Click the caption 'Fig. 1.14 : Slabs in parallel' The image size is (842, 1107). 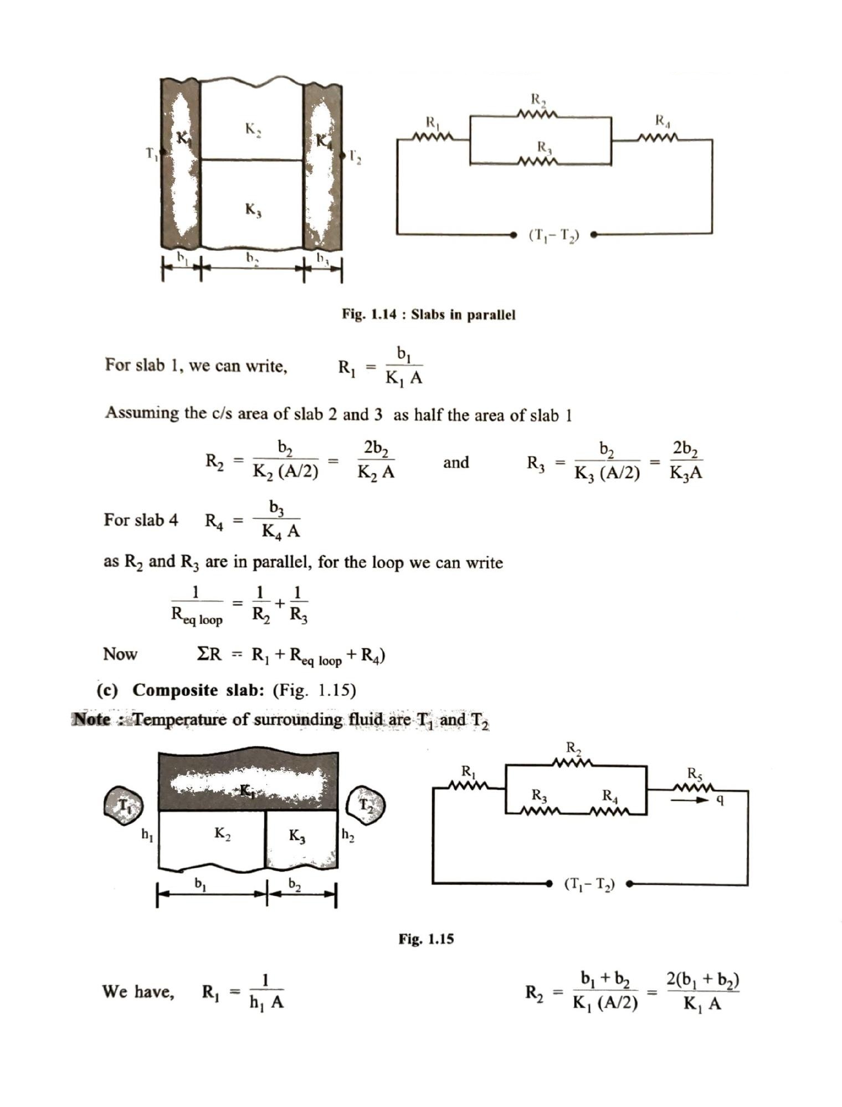[428, 314]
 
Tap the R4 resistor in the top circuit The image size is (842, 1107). [658, 136]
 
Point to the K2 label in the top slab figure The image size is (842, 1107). [253, 129]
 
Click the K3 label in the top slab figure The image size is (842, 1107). [253, 210]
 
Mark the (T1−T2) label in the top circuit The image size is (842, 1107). [553, 235]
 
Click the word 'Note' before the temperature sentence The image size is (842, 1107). [92, 719]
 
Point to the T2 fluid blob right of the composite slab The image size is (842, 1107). [365, 804]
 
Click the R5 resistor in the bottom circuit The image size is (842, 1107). [694, 787]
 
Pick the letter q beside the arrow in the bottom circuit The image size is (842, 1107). [720, 800]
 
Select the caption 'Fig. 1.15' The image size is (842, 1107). [426, 939]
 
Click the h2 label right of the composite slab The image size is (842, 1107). [347, 834]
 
